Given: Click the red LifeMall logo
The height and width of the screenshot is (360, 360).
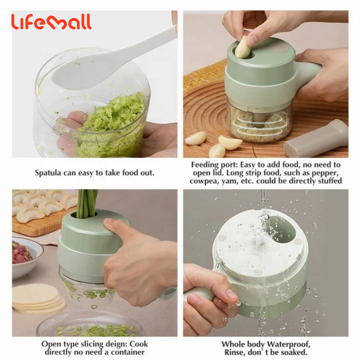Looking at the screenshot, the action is coord(51,22).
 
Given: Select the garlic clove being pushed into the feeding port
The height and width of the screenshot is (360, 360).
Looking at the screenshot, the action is coord(243,47).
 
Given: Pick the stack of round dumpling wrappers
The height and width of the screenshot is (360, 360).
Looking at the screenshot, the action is coord(38,298).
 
